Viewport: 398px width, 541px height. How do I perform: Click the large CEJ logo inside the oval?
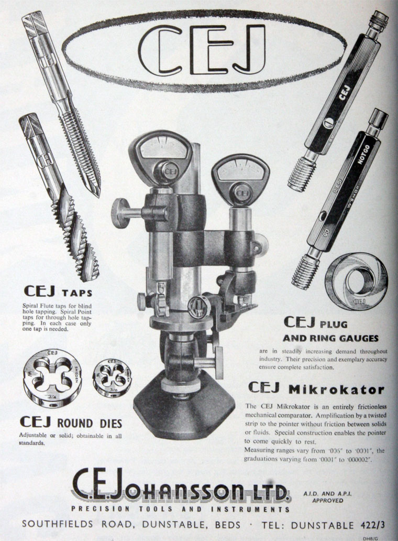tap(202, 50)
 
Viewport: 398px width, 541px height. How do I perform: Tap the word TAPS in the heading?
tap(77, 293)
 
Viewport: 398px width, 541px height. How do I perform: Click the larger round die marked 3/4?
tap(52, 378)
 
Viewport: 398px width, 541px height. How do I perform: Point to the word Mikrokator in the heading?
tap(336, 389)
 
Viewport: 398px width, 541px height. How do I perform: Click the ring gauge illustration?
tap(356, 282)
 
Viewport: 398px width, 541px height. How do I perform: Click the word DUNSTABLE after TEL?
tap(322, 525)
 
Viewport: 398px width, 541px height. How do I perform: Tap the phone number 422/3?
tap(372, 525)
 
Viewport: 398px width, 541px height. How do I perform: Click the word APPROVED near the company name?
tap(327, 500)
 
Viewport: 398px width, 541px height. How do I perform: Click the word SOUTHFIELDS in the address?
tap(58, 525)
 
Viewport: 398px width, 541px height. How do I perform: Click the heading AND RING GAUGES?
tap(330, 339)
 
